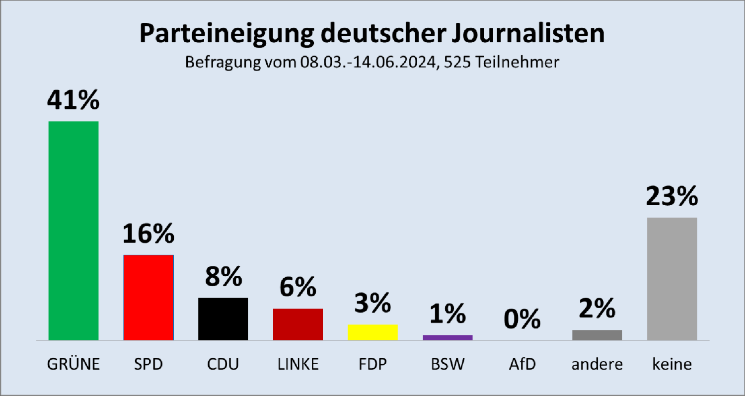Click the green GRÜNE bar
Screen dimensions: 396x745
pos(74,231)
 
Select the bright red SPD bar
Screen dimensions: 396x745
pos(148,297)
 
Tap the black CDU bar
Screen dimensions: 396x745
pos(223,318)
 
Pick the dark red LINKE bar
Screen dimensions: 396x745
pos(298,324)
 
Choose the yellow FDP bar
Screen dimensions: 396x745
pos(372,332)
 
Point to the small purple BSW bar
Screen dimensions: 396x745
pos(447,337)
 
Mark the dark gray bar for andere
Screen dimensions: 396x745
pos(597,335)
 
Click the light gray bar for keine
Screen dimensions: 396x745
pos(672,278)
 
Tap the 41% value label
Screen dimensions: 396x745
pos(74,100)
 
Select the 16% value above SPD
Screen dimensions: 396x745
pos(149,234)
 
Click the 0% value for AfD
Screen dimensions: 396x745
pos(522,319)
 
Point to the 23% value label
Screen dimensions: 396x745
pos(672,197)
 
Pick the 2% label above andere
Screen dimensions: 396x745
pos(597,309)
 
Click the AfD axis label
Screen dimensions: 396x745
pos(522,364)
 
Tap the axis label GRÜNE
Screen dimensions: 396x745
pos(74,364)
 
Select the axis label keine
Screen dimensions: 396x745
pos(672,364)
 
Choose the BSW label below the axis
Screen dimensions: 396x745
pos(447,364)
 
